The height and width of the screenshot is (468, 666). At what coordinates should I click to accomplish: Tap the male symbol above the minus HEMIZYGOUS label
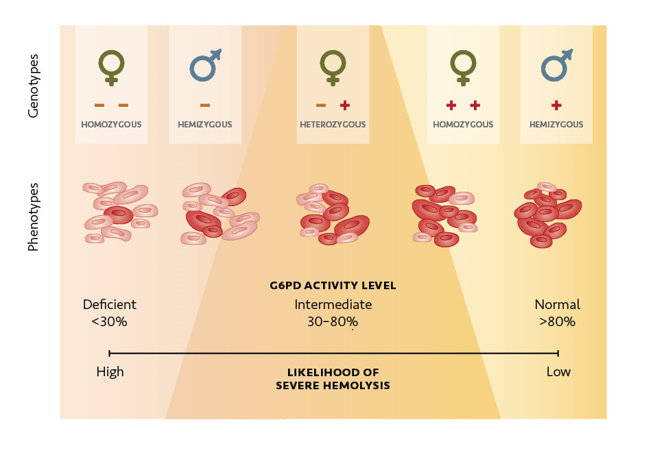tap(204, 66)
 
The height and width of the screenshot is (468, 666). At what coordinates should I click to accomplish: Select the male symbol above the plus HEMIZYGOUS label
tap(556, 66)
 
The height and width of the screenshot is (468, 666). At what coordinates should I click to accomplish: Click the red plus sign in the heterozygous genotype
tap(344, 105)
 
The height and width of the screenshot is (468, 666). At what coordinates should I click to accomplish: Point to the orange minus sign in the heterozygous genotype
tap(320, 105)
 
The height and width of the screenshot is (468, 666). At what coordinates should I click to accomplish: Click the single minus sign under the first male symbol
tap(205, 105)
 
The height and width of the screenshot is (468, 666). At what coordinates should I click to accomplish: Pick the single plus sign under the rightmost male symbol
tap(556, 105)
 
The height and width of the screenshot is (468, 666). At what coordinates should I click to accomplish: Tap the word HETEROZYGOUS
tap(333, 125)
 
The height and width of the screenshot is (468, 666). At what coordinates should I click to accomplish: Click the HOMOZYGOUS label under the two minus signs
tap(111, 125)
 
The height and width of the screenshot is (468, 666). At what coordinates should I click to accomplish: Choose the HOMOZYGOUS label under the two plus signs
tap(463, 125)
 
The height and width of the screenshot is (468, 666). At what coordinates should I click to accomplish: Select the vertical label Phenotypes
tap(33, 216)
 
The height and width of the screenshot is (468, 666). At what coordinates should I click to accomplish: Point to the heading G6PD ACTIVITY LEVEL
tap(333, 285)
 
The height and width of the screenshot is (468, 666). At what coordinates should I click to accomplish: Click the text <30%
tap(109, 321)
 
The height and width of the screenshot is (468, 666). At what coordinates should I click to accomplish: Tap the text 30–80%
tap(333, 321)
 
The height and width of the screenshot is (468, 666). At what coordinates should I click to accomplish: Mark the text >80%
tap(557, 321)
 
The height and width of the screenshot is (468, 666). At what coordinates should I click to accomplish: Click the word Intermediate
tap(333, 304)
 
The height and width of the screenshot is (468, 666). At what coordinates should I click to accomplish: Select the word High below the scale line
tap(110, 372)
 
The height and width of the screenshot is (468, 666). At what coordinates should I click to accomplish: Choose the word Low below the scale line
tap(558, 372)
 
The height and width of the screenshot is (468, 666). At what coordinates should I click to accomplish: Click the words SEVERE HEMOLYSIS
tap(333, 386)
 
